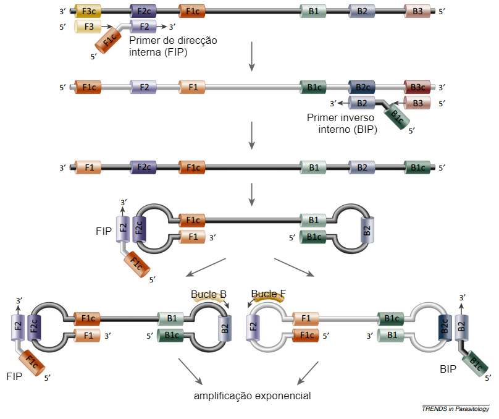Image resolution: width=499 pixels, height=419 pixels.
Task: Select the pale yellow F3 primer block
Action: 88,27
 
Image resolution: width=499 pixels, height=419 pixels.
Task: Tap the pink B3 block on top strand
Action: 417,11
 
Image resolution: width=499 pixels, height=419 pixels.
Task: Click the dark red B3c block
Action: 417,87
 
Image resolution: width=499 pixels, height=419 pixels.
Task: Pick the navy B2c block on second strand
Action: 362,87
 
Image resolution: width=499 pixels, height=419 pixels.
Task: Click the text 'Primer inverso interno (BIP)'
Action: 342,123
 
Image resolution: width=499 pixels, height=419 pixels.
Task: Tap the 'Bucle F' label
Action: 269,294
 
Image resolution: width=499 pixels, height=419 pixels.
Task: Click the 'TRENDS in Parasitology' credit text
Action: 456,408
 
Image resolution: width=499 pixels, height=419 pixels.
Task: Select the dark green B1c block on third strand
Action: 417,167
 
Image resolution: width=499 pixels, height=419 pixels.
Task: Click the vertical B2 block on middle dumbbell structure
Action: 367,231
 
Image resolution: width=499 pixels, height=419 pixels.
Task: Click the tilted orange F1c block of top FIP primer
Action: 109,43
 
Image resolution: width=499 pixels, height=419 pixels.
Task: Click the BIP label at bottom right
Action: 448,369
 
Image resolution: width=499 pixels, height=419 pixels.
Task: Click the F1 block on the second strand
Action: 192,87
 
